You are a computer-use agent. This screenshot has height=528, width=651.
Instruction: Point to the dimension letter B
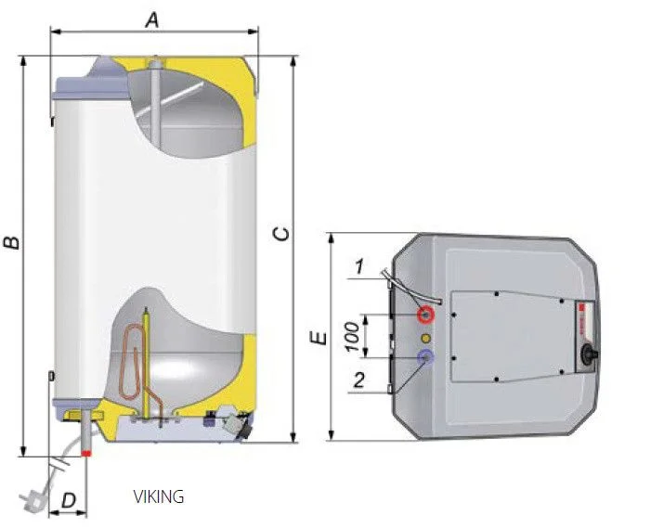[12, 243]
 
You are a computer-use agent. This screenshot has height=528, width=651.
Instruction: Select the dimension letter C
[282, 232]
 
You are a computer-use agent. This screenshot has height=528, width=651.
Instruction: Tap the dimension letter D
[68, 501]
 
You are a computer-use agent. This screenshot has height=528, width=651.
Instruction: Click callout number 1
[359, 268]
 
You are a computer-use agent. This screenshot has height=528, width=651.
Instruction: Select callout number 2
[358, 380]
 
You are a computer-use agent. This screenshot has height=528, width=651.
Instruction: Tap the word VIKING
[159, 497]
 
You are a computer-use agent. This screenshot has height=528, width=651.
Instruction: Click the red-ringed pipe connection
[426, 312]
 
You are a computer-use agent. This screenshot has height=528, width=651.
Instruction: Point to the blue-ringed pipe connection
[425, 357]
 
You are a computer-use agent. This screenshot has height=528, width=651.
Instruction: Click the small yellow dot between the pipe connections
[425, 335]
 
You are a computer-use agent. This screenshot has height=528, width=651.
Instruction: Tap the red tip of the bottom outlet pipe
[86, 452]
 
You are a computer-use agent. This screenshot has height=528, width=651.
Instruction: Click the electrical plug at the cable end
[33, 496]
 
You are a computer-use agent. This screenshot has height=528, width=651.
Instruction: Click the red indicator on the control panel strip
[580, 310]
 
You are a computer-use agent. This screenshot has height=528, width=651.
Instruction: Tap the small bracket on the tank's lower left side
[51, 376]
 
